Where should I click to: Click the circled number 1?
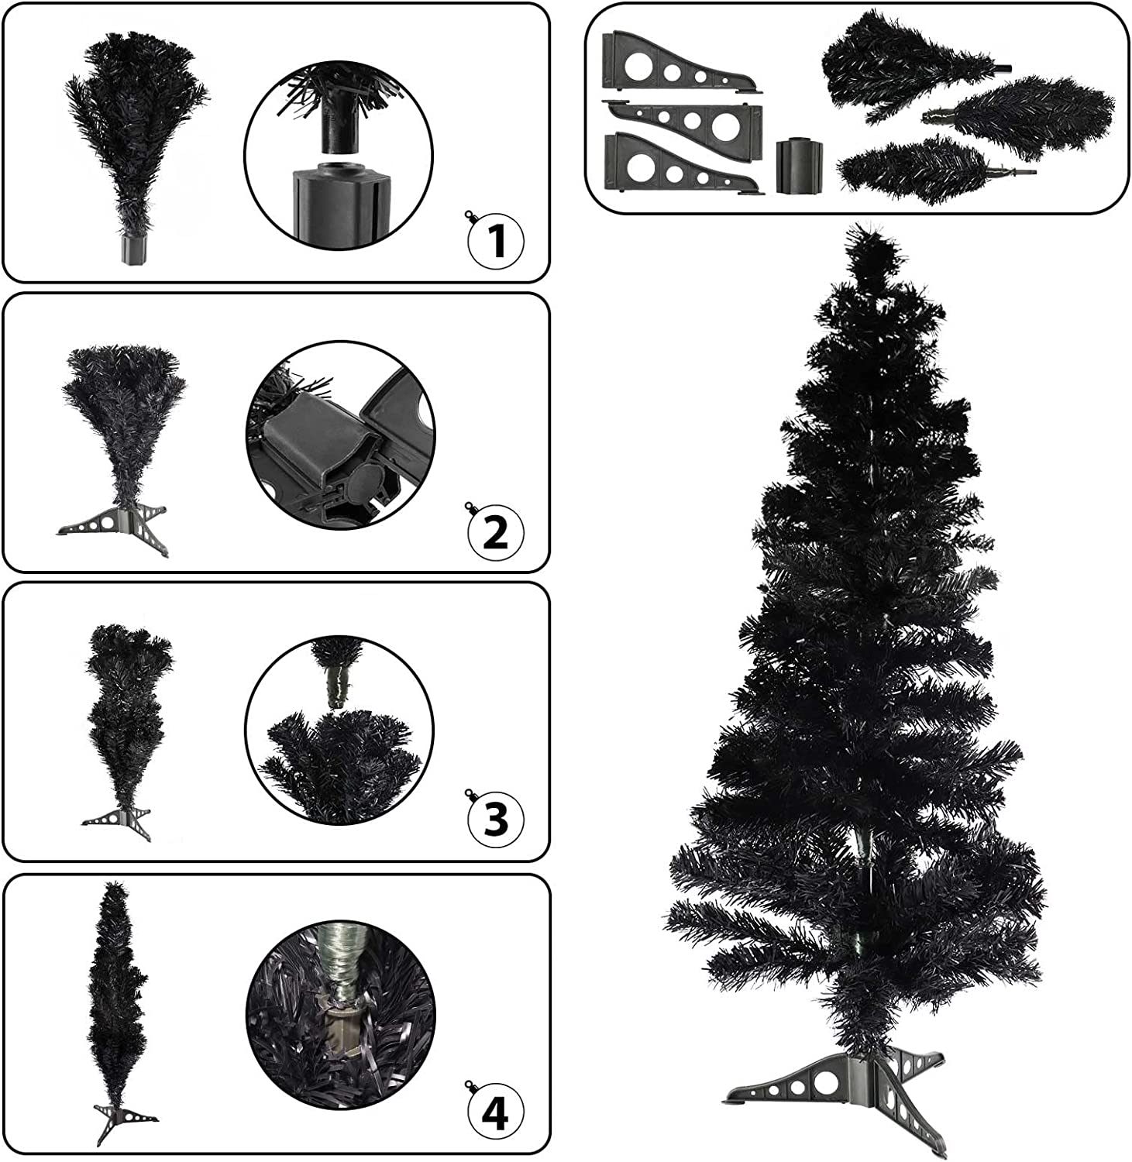(x=497, y=240)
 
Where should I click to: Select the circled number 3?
(x=497, y=819)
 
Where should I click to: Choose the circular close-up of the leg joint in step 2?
(x=340, y=436)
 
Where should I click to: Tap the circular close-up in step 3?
(x=339, y=730)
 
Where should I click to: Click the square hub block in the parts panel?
(x=797, y=165)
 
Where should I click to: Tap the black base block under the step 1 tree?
(x=134, y=250)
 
